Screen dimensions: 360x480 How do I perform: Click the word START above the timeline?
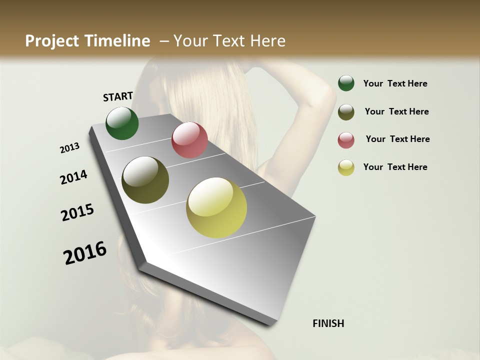point(118,96)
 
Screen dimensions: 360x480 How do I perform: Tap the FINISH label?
point(328,323)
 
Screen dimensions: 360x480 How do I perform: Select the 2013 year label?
point(70,148)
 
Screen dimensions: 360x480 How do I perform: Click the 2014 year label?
point(73,177)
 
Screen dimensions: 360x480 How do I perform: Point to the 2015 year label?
point(77,212)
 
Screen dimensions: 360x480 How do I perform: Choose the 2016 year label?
point(85,252)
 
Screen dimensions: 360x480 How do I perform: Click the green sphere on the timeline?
point(122,123)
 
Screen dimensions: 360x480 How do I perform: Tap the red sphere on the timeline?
point(189,140)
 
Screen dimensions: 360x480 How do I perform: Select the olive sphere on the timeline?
point(145,180)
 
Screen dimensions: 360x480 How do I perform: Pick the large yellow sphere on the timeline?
point(216,207)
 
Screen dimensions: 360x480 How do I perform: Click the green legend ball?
point(346,83)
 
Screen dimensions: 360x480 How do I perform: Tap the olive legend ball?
point(346,112)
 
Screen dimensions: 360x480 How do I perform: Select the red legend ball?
point(346,140)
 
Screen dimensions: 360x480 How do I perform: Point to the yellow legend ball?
point(346,167)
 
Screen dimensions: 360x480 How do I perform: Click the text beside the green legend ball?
point(395,83)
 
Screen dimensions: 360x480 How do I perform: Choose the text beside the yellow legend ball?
point(395,167)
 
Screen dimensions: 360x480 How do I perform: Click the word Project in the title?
point(52,41)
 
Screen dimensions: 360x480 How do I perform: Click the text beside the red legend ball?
point(397,139)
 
